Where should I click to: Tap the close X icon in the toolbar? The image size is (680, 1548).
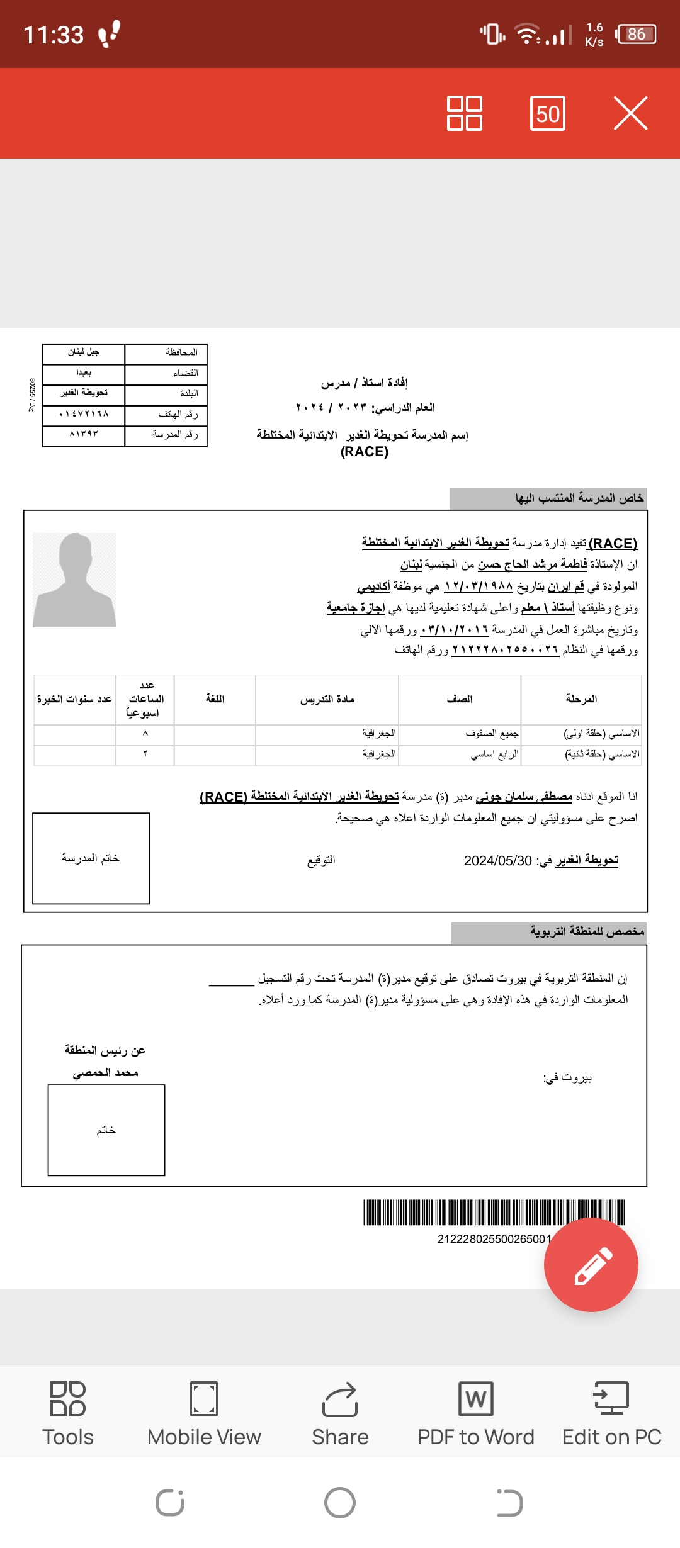(x=630, y=113)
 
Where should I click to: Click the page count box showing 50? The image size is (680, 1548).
(x=548, y=113)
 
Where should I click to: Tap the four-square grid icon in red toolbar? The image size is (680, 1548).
(x=465, y=113)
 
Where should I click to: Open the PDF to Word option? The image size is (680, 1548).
(x=476, y=1413)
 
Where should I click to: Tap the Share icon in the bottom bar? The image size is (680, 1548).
(x=340, y=1413)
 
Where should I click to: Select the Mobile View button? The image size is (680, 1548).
(x=204, y=1413)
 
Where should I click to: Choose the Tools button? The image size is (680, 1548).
(x=68, y=1413)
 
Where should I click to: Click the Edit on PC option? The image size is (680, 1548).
(x=612, y=1413)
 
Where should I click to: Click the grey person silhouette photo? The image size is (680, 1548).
(x=74, y=580)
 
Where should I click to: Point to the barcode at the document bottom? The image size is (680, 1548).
(x=494, y=1213)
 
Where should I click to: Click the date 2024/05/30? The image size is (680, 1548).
(x=498, y=861)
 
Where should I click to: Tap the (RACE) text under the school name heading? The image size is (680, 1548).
(x=365, y=452)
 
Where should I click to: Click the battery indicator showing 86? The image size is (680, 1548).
(x=637, y=34)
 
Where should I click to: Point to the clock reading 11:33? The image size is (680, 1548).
(x=54, y=35)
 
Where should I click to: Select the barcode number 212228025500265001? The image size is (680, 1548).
(x=494, y=1239)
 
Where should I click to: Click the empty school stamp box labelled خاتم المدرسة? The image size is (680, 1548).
(x=91, y=858)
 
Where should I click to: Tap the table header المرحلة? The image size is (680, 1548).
(x=581, y=699)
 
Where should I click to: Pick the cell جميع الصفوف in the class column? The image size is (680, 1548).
(x=492, y=733)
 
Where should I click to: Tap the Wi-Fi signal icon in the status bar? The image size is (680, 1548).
(x=526, y=34)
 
